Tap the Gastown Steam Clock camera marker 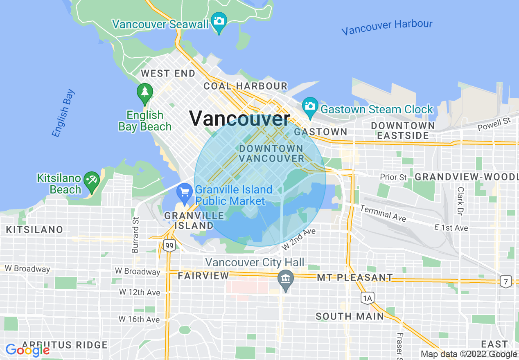tap(310, 106)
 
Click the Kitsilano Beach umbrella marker tap(92, 180)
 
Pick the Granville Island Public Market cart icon tap(185, 192)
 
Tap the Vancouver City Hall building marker tap(285, 279)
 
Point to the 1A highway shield tap(367, 298)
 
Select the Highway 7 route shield tap(506, 281)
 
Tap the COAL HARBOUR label tap(246, 86)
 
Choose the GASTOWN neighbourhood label tap(320, 132)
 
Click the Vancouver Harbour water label tap(387, 27)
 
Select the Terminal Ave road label tap(383, 214)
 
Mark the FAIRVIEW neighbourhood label tap(203, 276)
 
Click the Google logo tap(27, 350)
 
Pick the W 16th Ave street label tap(140, 319)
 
